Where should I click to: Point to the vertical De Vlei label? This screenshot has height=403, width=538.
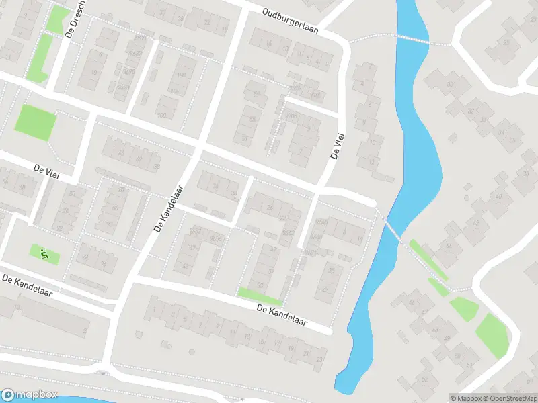pos(337,145)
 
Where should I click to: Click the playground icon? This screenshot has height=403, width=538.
pos(44,254)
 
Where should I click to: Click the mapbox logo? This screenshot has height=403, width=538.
pos(30,395)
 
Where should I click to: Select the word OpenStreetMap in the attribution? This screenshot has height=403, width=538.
pos(510,398)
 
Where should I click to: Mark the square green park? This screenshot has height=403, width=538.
pos(36,122)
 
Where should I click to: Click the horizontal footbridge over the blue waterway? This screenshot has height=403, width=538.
pos(413,38)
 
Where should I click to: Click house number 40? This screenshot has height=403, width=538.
pos(498,196)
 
